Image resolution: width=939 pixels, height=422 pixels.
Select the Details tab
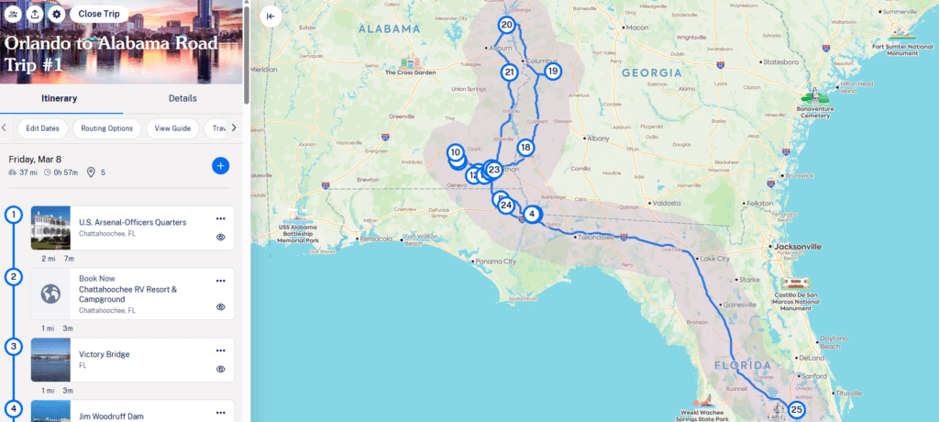182,98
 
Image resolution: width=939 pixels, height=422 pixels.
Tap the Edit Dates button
42,128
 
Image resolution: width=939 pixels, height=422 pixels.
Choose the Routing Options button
106,128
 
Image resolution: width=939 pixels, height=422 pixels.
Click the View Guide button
172,128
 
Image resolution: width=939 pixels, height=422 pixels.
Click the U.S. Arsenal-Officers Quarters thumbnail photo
50,228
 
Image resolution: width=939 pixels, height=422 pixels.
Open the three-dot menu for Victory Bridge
220,350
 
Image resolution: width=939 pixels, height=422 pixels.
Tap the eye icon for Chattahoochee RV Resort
220,307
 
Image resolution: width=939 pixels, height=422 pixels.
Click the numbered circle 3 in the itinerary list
13,347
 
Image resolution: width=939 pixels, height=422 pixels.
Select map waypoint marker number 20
507,25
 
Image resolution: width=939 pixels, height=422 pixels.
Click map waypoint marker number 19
552,71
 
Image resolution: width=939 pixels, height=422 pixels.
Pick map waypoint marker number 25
796,410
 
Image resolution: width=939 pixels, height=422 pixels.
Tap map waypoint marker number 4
532,214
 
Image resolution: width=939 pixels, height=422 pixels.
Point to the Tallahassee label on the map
595,237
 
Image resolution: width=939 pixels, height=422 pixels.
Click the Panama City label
495,261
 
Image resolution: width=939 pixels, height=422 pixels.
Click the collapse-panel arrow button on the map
271,16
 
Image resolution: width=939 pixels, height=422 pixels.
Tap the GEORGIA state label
651,72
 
